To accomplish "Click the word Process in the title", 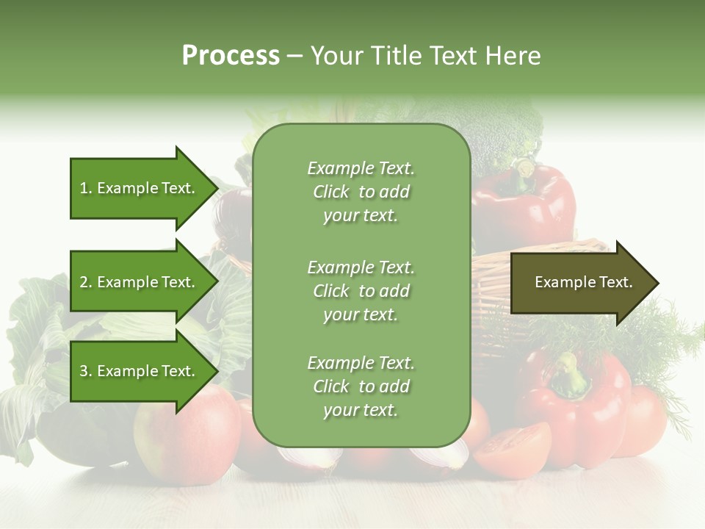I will [x=231, y=56].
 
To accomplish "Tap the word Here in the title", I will [x=513, y=56].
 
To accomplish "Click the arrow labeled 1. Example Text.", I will [x=140, y=188].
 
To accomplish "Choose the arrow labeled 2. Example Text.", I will [x=140, y=282].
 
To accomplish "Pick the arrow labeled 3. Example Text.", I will [x=140, y=371].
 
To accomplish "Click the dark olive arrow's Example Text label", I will [x=583, y=282].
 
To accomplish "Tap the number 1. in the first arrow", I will [x=86, y=189].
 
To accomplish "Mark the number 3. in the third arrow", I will [x=86, y=372].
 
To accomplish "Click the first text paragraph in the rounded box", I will [x=361, y=192].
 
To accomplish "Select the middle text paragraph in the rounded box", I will [x=361, y=291].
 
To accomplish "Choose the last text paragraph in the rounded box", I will [x=361, y=386].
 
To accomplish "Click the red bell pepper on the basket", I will [x=525, y=206].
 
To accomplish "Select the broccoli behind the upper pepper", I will [x=507, y=132].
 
